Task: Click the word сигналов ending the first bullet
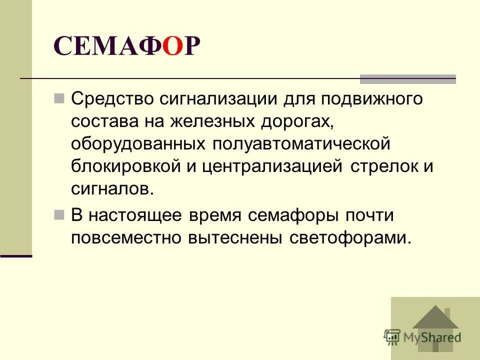pos(110,189)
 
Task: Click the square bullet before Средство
pos(59,97)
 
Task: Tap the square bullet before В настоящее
pos(59,214)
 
